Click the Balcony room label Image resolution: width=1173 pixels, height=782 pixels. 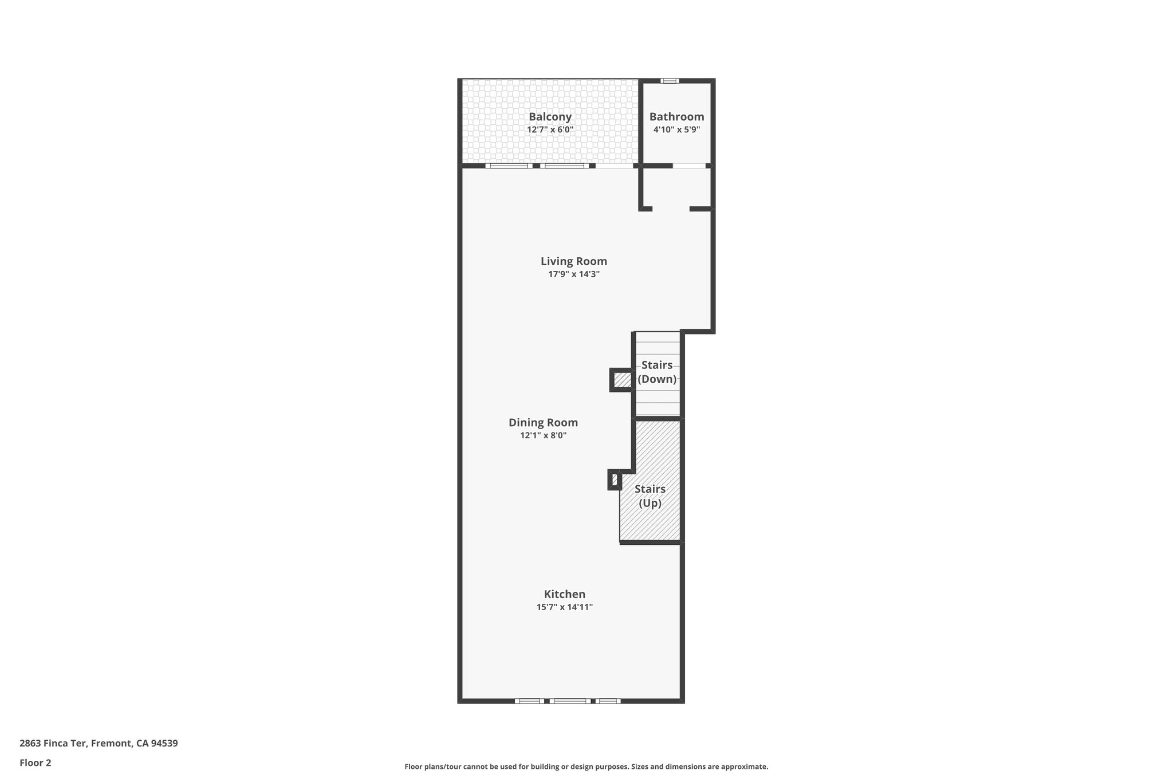pos(550,117)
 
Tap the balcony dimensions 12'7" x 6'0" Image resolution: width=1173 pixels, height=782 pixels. pos(550,130)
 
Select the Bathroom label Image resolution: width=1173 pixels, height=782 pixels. pos(676,117)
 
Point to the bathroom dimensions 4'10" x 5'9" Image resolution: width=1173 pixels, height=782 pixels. pos(676,130)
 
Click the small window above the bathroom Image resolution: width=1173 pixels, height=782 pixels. pos(670,81)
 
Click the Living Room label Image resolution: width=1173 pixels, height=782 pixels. pos(573,261)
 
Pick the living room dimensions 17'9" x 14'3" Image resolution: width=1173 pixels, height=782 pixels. pos(573,274)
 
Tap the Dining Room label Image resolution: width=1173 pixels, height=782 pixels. pos(543,423)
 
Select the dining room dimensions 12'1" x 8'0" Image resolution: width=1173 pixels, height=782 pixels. pos(543,435)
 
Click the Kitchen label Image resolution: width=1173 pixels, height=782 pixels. pos(564,594)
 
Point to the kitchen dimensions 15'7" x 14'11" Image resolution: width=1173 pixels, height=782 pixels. pos(564,607)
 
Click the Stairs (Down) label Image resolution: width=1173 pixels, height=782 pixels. pos(657,372)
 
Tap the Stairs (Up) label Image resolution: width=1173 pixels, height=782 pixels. pos(650,496)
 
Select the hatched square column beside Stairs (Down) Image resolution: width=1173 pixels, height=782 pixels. pos(621,380)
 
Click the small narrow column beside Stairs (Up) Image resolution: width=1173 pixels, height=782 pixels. pos(614,480)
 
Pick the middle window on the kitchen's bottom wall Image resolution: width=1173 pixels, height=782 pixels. pos(570,701)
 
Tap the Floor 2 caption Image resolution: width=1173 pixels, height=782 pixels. pos(35,763)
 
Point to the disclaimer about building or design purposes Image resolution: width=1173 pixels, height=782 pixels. pos(586,767)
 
